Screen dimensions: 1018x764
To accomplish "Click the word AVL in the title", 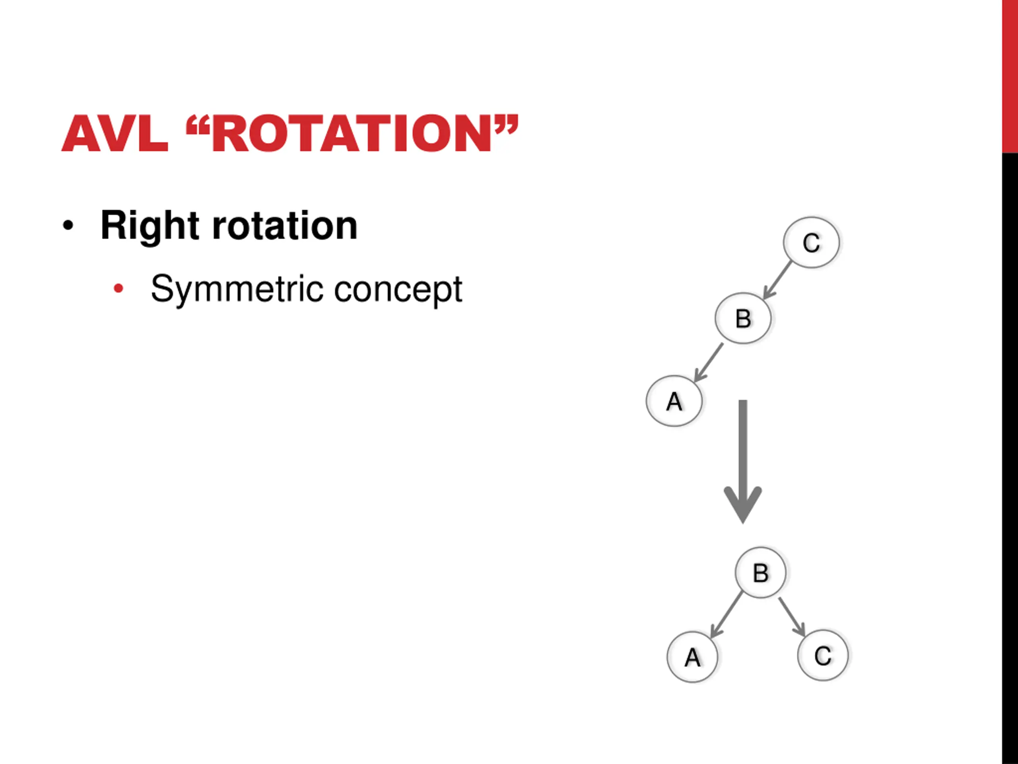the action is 115,134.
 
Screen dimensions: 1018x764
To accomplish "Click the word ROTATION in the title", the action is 352,134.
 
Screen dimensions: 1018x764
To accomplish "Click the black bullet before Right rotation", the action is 68,226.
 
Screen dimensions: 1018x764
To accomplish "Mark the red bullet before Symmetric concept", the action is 118,289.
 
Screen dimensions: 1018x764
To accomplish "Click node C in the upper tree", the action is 811,243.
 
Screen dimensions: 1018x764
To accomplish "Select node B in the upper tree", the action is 743,318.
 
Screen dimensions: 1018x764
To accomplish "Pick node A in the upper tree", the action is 674,401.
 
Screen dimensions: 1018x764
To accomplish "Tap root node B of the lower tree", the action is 760,573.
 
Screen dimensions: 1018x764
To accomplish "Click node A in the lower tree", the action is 692,657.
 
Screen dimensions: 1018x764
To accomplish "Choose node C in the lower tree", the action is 822,655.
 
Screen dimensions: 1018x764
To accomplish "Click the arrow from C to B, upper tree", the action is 777,280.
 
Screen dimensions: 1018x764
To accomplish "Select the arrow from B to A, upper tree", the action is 708,363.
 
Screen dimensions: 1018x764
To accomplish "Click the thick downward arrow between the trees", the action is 743,460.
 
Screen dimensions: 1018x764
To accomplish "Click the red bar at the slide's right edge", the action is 1010,76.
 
